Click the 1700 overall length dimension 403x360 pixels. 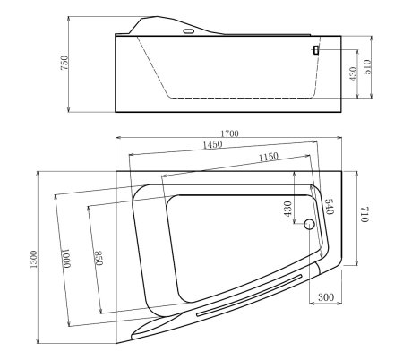pyautogui.click(x=227, y=133)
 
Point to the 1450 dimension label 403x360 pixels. pyautogui.click(x=213, y=144)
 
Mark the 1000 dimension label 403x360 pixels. pyautogui.click(x=64, y=257)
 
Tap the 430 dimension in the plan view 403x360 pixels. pyautogui.click(x=287, y=209)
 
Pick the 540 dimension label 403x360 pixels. pyautogui.click(x=328, y=208)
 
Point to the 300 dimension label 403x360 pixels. pyautogui.click(x=325, y=296)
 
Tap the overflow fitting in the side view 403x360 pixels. pyautogui.click(x=315, y=50)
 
